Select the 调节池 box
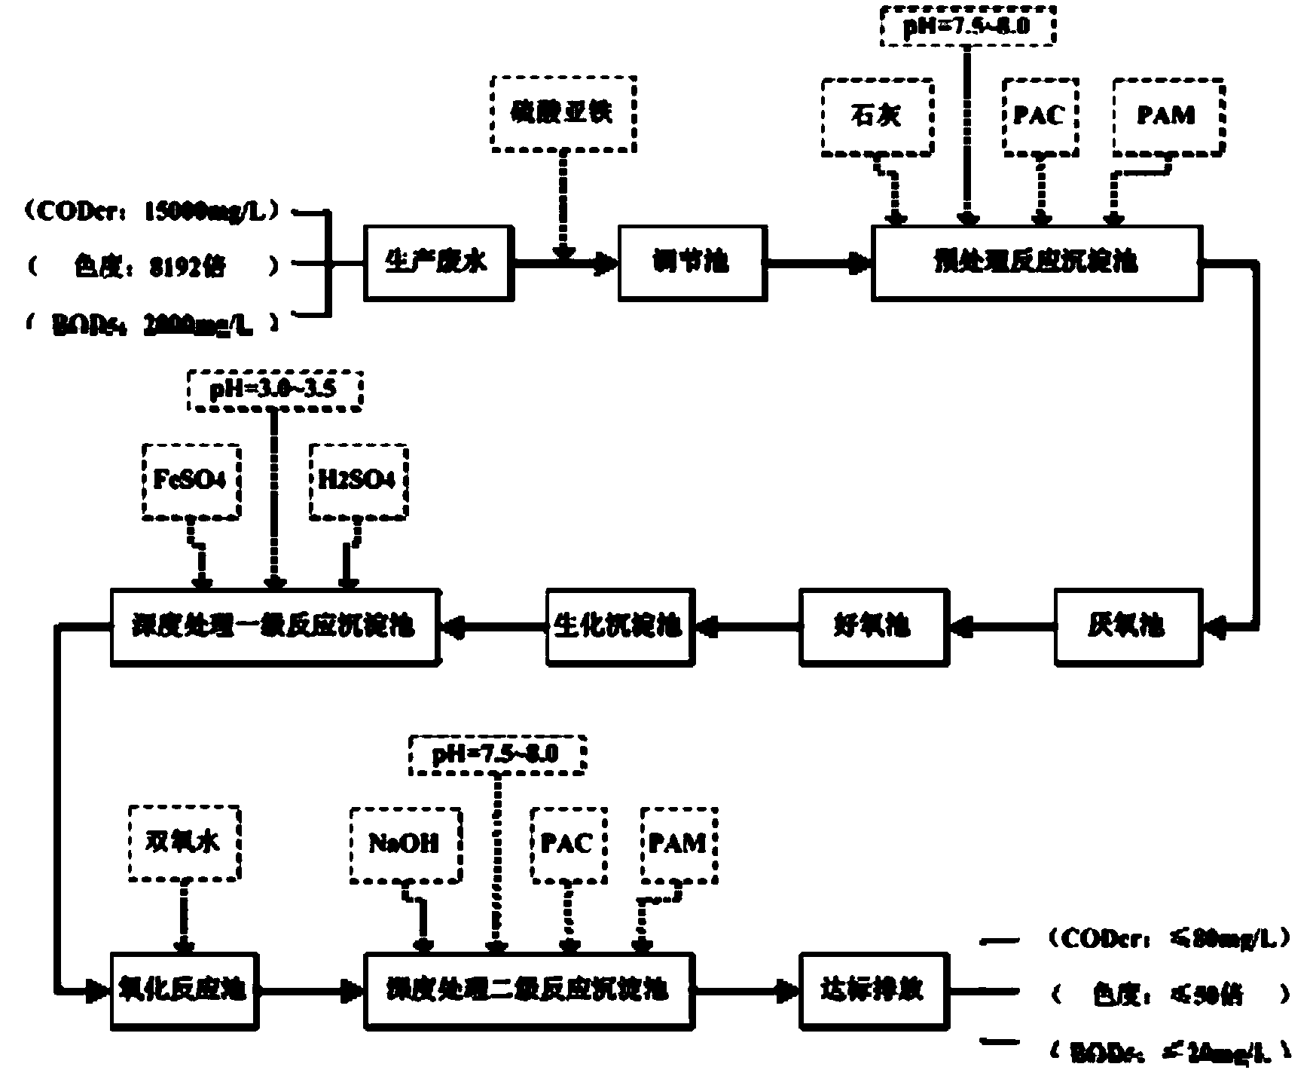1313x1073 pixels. [692, 262]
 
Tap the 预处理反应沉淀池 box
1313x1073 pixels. [1037, 262]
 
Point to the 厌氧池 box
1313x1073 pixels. [1128, 626]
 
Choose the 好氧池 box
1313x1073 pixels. [874, 626]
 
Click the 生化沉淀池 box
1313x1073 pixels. [619, 626]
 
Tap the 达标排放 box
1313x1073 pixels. [873, 990]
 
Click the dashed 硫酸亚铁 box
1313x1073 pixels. [562, 112]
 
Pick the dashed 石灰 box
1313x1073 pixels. [877, 116]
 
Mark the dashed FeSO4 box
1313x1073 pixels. [191, 481]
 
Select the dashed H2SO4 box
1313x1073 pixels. [358, 481]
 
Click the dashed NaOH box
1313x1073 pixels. [405, 845]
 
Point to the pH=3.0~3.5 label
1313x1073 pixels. [274, 390]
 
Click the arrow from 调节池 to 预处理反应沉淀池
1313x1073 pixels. [819, 263]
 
